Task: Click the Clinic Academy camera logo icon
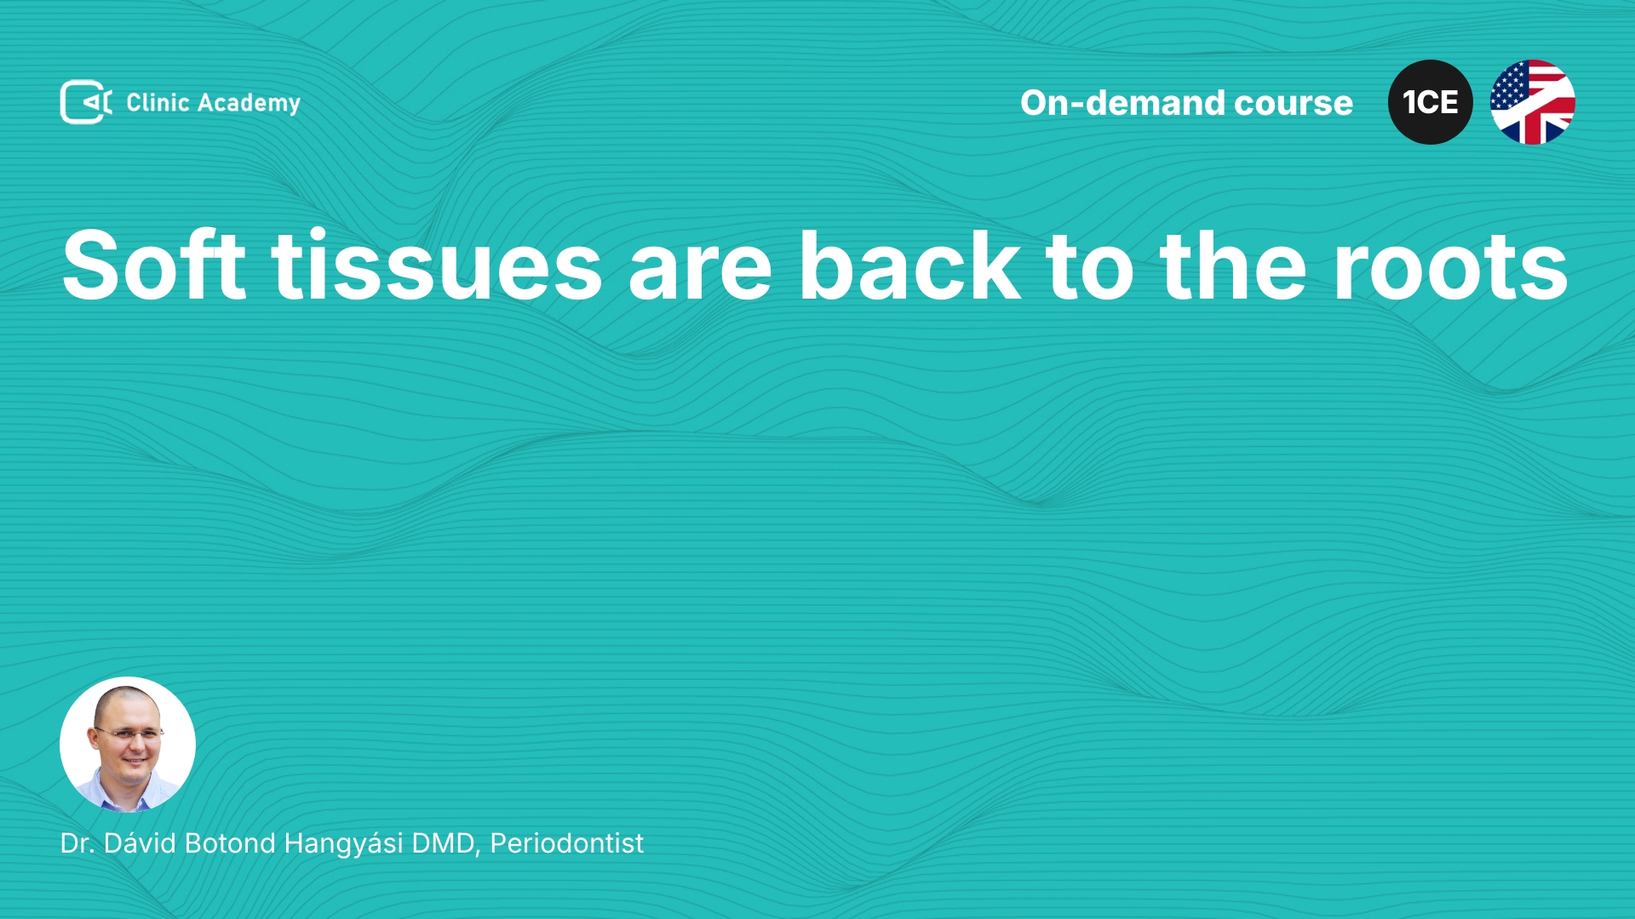click(x=86, y=102)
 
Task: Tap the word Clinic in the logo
click(x=158, y=102)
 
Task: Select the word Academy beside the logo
click(x=249, y=104)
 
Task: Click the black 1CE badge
click(x=1431, y=102)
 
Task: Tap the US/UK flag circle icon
click(x=1533, y=102)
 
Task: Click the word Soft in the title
click(x=154, y=265)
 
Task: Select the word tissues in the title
click(x=437, y=265)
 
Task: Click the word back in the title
click(x=909, y=265)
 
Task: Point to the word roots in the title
click(x=1451, y=268)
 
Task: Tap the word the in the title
click(x=1232, y=265)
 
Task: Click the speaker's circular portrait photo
click(x=128, y=745)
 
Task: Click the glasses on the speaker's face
click(x=129, y=732)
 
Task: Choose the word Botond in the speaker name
click(x=230, y=842)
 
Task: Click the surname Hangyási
click(x=343, y=844)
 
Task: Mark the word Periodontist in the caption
click(x=567, y=842)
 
